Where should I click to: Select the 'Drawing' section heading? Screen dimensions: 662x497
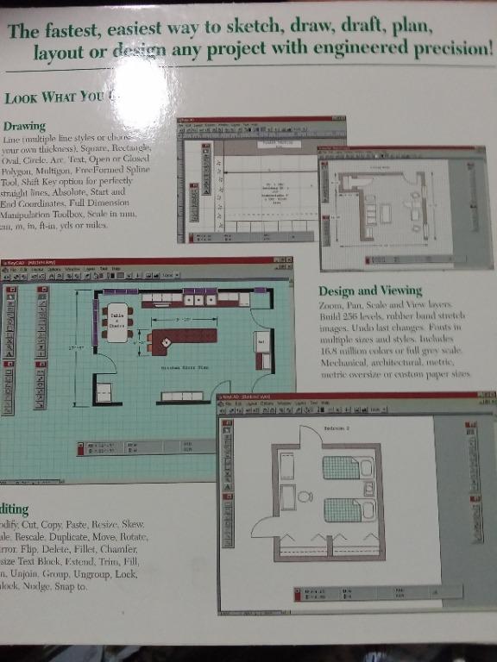[x=24, y=126]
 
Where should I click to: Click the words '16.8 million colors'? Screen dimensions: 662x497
[x=355, y=350]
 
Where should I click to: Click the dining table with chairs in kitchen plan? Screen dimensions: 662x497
[x=116, y=322]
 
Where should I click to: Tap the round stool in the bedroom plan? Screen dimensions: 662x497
[x=304, y=496]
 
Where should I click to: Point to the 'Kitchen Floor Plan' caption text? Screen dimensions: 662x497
[x=182, y=368]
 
